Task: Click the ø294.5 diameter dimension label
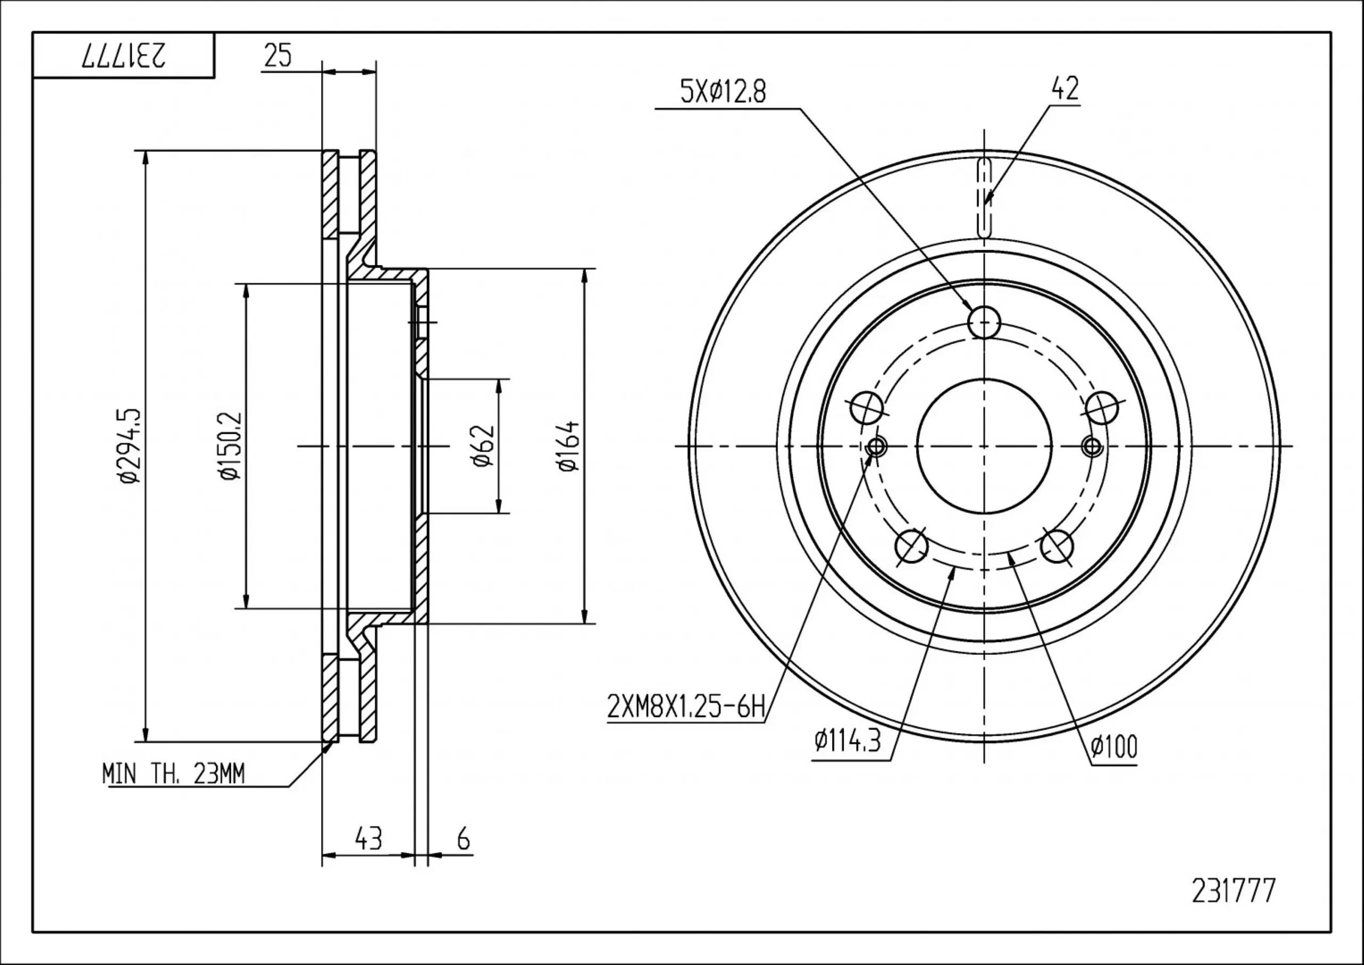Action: pos(130,445)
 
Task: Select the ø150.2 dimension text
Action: pos(231,445)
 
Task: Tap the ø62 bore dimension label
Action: pos(484,445)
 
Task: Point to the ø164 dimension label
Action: pos(569,445)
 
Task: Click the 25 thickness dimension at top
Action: pos(278,56)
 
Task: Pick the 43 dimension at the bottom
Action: pos(368,838)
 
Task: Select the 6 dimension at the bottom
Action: pos(464,838)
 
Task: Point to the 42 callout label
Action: pos(1065,89)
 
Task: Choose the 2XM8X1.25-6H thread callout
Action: pos(686,708)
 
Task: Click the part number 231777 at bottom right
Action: pos(1233,907)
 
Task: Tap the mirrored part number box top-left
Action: pos(124,55)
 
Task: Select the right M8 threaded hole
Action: pos(1092,446)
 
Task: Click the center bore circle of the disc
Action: pos(984,445)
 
